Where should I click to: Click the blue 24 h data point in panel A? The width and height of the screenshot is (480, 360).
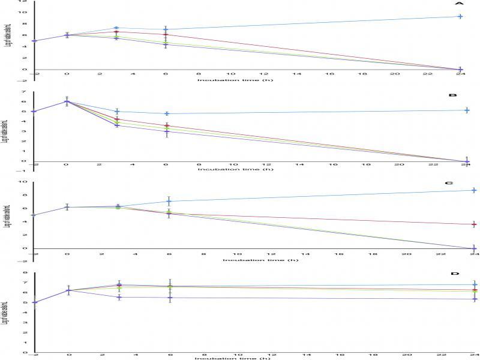[460, 16]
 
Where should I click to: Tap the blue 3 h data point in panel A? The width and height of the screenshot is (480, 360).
[116, 28]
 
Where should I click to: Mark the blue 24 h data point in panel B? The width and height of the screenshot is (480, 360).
[467, 110]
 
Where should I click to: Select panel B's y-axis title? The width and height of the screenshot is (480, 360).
[6, 130]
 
